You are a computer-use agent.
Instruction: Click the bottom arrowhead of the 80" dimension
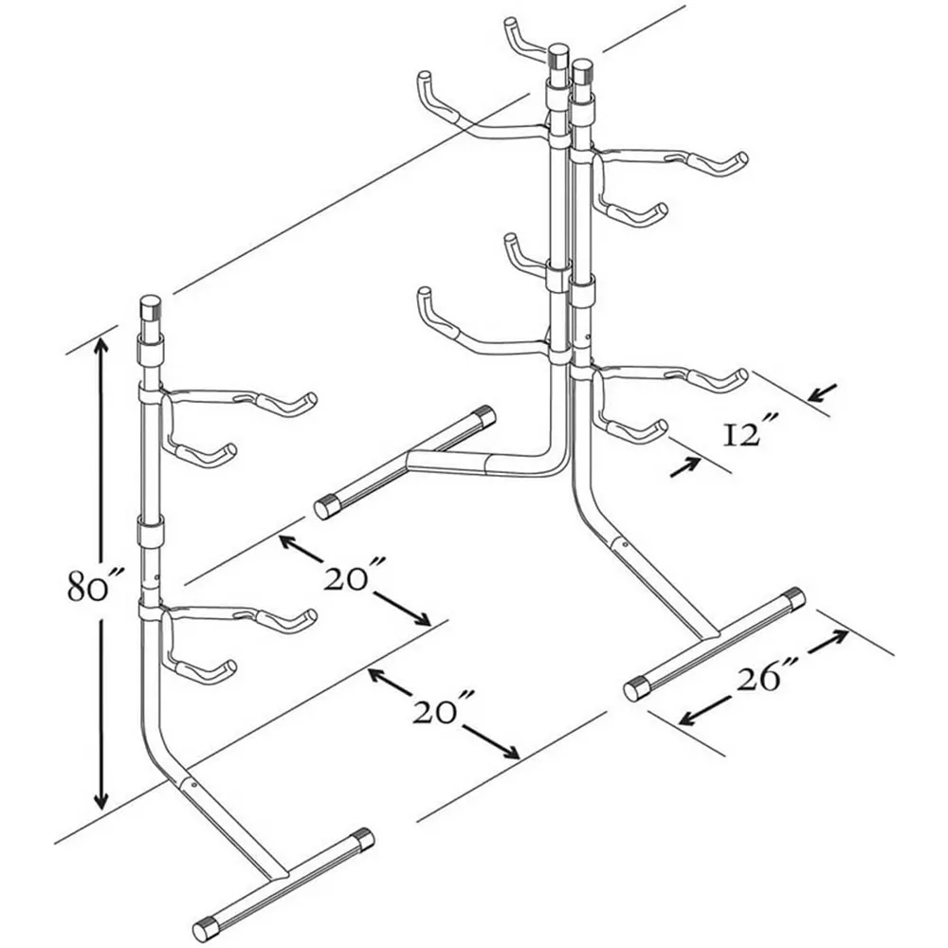101,802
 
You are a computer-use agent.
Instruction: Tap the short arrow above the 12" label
823,393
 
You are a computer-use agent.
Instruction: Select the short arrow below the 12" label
685,468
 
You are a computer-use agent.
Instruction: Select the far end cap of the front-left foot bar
364,839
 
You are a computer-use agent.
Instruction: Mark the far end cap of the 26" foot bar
794,598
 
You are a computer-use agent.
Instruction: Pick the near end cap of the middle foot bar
326,507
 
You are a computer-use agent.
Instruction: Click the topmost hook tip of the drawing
511,25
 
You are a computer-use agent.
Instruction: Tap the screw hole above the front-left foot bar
193,784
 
